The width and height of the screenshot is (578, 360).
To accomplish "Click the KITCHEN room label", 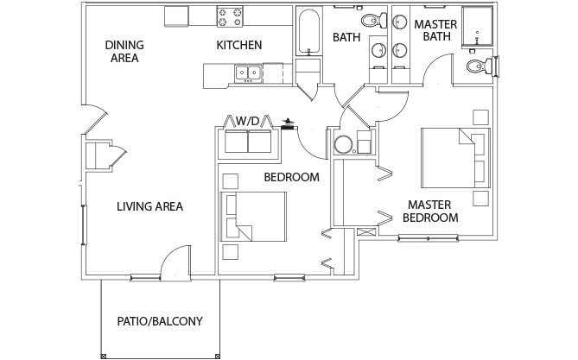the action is [238, 45].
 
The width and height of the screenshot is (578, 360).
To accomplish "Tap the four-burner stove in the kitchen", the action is [230, 16].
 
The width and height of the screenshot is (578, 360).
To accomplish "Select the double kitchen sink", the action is [248, 73].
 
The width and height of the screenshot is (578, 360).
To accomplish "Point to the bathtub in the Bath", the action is [308, 32].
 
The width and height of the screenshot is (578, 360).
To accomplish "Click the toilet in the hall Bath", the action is [374, 20].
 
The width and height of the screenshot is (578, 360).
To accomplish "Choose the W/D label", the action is [248, 121].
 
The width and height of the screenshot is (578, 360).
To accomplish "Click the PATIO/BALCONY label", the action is [160, 321].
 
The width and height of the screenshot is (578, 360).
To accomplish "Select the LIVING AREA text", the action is [149, 206].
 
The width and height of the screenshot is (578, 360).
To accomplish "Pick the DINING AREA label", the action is [124, 52].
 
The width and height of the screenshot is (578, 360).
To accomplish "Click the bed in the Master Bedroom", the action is [455, 158].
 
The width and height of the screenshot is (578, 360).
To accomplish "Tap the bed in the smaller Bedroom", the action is [253, 217].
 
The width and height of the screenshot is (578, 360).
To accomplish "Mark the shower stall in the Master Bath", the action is [478, 26].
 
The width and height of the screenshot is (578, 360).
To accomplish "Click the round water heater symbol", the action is [343, 144].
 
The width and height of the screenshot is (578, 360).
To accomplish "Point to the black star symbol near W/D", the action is [289, 121].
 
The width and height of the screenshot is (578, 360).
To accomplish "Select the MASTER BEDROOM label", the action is [430, 212].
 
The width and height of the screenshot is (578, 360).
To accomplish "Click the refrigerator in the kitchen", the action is [176, 16].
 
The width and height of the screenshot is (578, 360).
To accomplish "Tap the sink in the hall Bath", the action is [378, 50].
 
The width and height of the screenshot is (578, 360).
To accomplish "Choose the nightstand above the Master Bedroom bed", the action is [480, 117].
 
